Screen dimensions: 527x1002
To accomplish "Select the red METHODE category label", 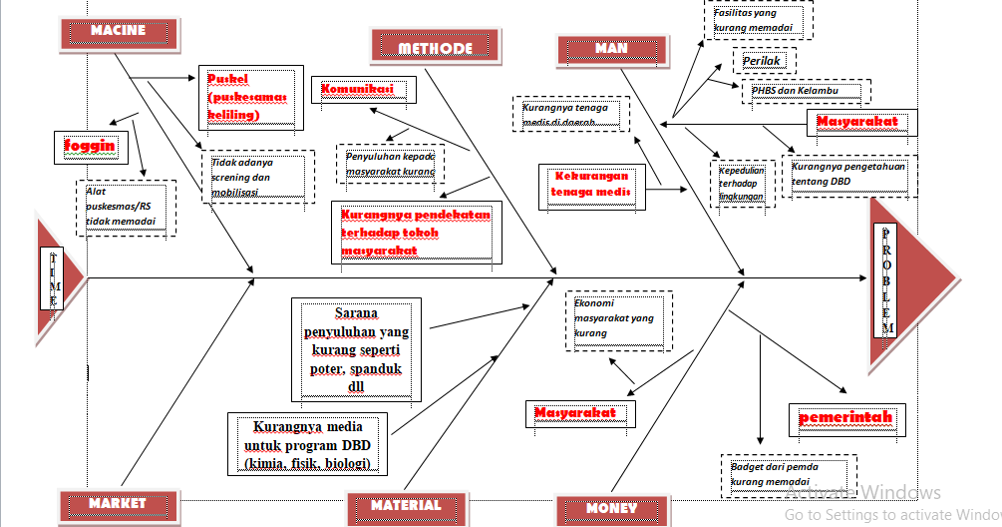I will tap(435, 47).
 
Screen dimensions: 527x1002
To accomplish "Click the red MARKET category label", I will tap(117, 504).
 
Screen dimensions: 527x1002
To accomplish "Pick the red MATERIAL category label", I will tap(406, 505).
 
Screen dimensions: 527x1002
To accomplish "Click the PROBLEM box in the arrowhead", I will tap(886, 280).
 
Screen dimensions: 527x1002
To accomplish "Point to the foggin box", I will tap(90, 146).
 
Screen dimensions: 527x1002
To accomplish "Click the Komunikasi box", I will tap(362, 90).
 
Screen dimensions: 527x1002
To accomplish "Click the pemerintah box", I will tap(845, 418).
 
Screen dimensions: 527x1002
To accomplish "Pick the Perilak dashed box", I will tap(765, 62).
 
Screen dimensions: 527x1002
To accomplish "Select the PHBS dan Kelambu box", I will tap(805, 91).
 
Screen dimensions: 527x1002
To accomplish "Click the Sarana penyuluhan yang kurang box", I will tap(356, 349).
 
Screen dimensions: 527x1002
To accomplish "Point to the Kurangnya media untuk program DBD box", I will tap(307, 444).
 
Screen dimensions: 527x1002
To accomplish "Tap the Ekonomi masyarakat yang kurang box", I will tap(618, 319).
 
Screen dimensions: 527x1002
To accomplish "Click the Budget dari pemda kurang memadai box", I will tap(788, 475).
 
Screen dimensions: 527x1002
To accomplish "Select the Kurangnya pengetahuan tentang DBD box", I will tap(848, 175).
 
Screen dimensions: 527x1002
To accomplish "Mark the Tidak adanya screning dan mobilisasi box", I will tap(257, 177).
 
